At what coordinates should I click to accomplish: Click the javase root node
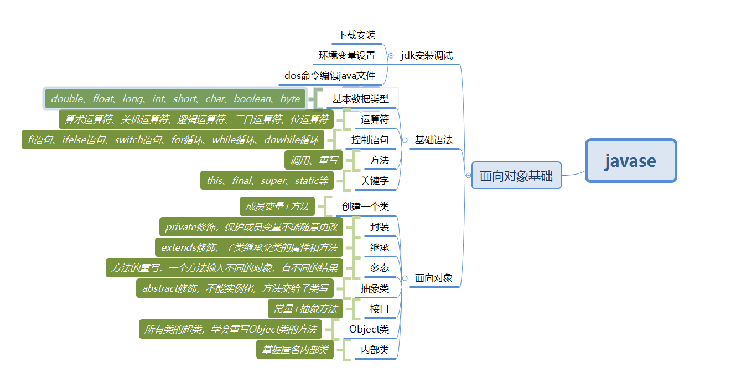[x=631, y=161]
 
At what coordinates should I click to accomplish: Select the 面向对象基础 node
[x=516, y=176]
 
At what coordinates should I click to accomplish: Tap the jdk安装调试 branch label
[x=427, y=55]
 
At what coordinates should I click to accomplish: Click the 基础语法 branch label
[x=434, y=140]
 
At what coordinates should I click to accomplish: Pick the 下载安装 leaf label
[x=356, y=35]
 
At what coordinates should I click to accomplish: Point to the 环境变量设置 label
[x=347, y=55]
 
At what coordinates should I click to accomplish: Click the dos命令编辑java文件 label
[x=330, y=76]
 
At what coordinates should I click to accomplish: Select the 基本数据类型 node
[x=361, y=99]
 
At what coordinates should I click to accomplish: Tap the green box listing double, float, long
[x=175, y=99]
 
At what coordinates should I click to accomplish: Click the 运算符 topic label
[x=375, y=119]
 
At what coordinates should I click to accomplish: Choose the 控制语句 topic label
[x=370, y=140]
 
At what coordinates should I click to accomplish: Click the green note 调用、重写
[x=314, y=160]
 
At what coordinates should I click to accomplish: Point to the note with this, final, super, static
[x=267, y=181]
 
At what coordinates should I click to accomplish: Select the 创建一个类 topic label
[x=365, y=207]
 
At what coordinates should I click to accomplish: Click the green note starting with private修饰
[x=251, y=227]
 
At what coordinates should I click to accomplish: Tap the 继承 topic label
[x=380, y=247]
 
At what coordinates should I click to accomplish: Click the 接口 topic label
[x=380, y=309]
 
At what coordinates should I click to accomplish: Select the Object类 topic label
[x=369, y=329]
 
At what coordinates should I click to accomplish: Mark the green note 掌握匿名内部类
[x=295, y=350]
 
